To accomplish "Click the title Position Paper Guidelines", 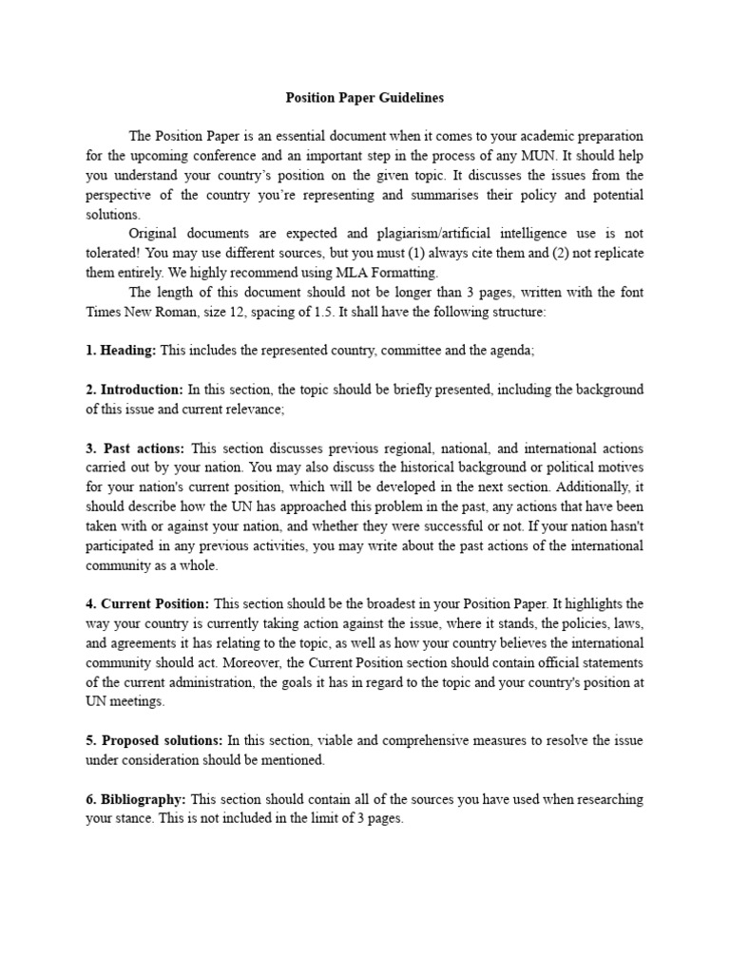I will coord(365,98).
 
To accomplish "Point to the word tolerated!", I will coord(117,254).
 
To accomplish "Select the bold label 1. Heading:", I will coord(121,351).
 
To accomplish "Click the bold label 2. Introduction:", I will coord(134,390).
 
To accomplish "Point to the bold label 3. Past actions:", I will coord(136,448).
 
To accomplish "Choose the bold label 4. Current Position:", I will coord(147,604).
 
